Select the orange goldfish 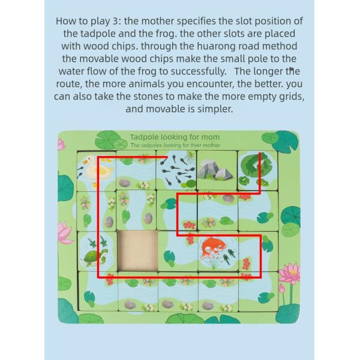click(x=212, y=247)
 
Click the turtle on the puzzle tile click(x=95, y=257)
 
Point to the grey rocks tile click(x=217, y=170)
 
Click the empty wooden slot click(x=137, y=251)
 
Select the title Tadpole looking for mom click(x=175, y=137)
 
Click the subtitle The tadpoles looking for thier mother click(x=175, y=145)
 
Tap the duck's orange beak click(x=85, y=161)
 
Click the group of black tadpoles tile click(x=176, y=170)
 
